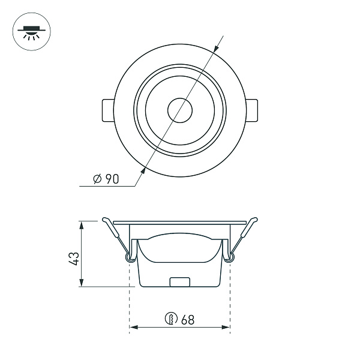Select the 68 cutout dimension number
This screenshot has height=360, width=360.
(187, 320)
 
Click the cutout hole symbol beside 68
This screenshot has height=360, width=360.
(171, 319)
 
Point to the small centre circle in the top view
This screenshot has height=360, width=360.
(179, 111)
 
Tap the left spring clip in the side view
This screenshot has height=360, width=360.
(115, 234)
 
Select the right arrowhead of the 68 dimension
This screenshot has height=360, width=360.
(227, 328)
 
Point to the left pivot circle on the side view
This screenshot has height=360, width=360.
(130, 257)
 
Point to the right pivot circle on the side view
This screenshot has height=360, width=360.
(230, 257)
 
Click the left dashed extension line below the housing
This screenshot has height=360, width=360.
(130, 300)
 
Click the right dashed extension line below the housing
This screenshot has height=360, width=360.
(230, 300)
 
